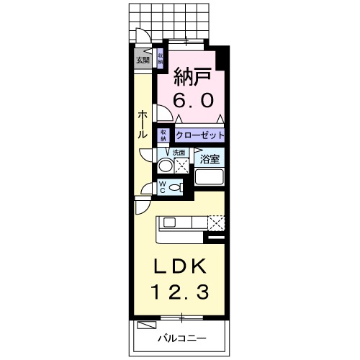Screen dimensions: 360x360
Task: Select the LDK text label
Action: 182,266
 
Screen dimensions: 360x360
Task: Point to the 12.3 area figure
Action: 182,293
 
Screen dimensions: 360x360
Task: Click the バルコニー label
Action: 182,338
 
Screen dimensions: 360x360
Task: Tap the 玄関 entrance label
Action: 142,60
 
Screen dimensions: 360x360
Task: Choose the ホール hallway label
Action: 143,124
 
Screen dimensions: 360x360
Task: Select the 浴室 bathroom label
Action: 210,158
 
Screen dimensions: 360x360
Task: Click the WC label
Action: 163,187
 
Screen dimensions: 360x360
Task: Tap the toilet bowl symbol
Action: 177,187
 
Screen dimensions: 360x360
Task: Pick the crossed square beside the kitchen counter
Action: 216,222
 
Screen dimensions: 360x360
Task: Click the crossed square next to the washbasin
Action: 181,166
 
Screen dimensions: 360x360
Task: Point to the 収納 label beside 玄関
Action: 160,57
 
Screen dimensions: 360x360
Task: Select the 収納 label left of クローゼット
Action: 164,135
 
